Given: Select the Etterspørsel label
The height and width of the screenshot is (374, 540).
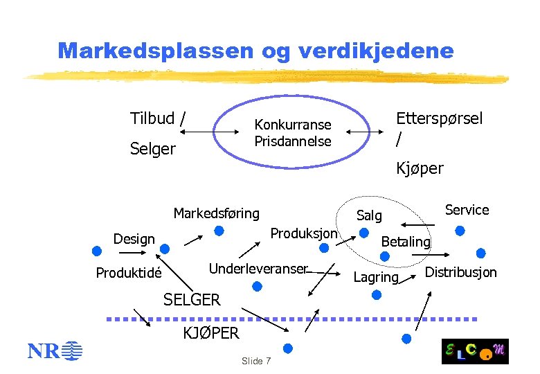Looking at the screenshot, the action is click(x=439, y=118).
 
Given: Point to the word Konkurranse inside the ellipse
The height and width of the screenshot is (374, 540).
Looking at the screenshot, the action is click(x=293, y=125).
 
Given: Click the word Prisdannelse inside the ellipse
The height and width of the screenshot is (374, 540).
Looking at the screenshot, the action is click(x=293, y=141).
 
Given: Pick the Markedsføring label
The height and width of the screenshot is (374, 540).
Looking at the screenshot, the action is click(x=216, y=213).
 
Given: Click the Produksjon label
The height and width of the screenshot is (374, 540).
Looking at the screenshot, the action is click(x=303, y=233).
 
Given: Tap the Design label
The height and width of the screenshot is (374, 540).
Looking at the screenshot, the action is click(x=134, y=239).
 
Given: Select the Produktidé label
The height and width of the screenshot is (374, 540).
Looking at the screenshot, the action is click(x=129, y=273).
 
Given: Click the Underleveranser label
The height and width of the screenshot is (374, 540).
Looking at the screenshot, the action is click(x=258, y=269).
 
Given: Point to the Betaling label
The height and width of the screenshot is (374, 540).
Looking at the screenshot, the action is click(x=406, y=242).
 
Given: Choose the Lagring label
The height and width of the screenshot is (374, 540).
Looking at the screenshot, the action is click(x=376, y=278).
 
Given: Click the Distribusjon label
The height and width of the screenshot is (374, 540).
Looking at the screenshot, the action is click(x=460, y=272).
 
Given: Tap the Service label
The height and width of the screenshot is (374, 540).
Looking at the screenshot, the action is click(x=467, y=210).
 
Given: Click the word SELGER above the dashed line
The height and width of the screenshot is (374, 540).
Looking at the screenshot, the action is click(x=192, y=300).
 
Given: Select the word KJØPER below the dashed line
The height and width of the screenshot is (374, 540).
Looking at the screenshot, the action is click(x=210, y=333).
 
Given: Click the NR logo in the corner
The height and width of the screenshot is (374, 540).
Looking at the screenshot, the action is click(x=55, y=352).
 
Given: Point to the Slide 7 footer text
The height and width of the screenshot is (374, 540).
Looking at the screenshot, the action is click(x=255, y=362).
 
